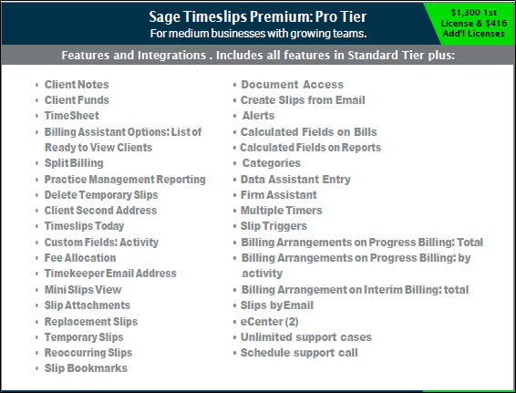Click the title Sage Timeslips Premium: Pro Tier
[258, 16]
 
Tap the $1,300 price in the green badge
[462, 13]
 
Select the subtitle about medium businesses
[258, 34]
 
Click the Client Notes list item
[77, 85]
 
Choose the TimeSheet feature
[72, 116]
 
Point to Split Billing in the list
[74, 163]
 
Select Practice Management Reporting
[125, 180]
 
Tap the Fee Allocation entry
[80, 258]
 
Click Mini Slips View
[83, 290]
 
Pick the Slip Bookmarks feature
[86, 368]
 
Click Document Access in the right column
[293, 85]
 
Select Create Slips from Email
[303, 100]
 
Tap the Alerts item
[258, 116]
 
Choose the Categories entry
[272, 163]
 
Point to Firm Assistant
[279, 195]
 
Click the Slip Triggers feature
[273, 226]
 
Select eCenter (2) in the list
[270, 322]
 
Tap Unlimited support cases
[306, 337]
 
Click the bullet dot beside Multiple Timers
[234, 211]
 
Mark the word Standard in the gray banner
[373, 55]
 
